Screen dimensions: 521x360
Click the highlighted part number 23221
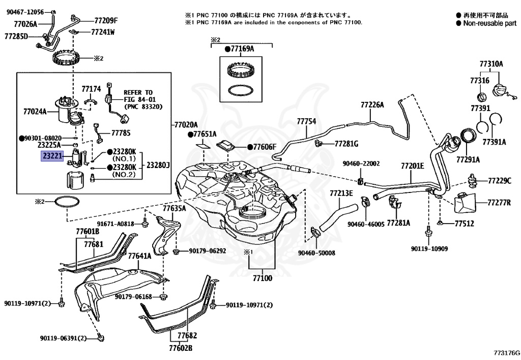52,156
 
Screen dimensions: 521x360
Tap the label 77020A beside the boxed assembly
186,125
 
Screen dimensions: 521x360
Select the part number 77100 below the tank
262,278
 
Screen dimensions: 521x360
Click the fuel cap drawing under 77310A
501,91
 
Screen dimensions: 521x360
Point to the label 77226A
372,105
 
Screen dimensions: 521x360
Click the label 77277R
499,203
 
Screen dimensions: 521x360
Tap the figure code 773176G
506,353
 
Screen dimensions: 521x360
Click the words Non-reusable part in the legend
490,23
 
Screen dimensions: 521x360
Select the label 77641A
139,256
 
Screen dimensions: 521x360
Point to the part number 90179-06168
134,296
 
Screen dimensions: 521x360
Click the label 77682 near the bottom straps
187,336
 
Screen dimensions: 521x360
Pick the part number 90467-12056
25,12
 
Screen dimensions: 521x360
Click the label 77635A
174,208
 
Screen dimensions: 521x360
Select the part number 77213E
341,193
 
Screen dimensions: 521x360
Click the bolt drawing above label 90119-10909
428,232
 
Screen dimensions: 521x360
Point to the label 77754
306,121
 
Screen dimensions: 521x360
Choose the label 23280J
158,165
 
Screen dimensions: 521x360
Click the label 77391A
494,142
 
